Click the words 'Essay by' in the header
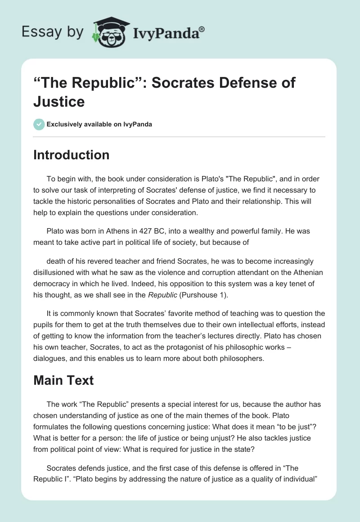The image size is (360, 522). coord(53,32)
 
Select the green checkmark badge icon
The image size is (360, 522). coord(39,124)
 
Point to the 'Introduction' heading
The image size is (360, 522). coord(71,155)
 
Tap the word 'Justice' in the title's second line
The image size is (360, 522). coord(59,101)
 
